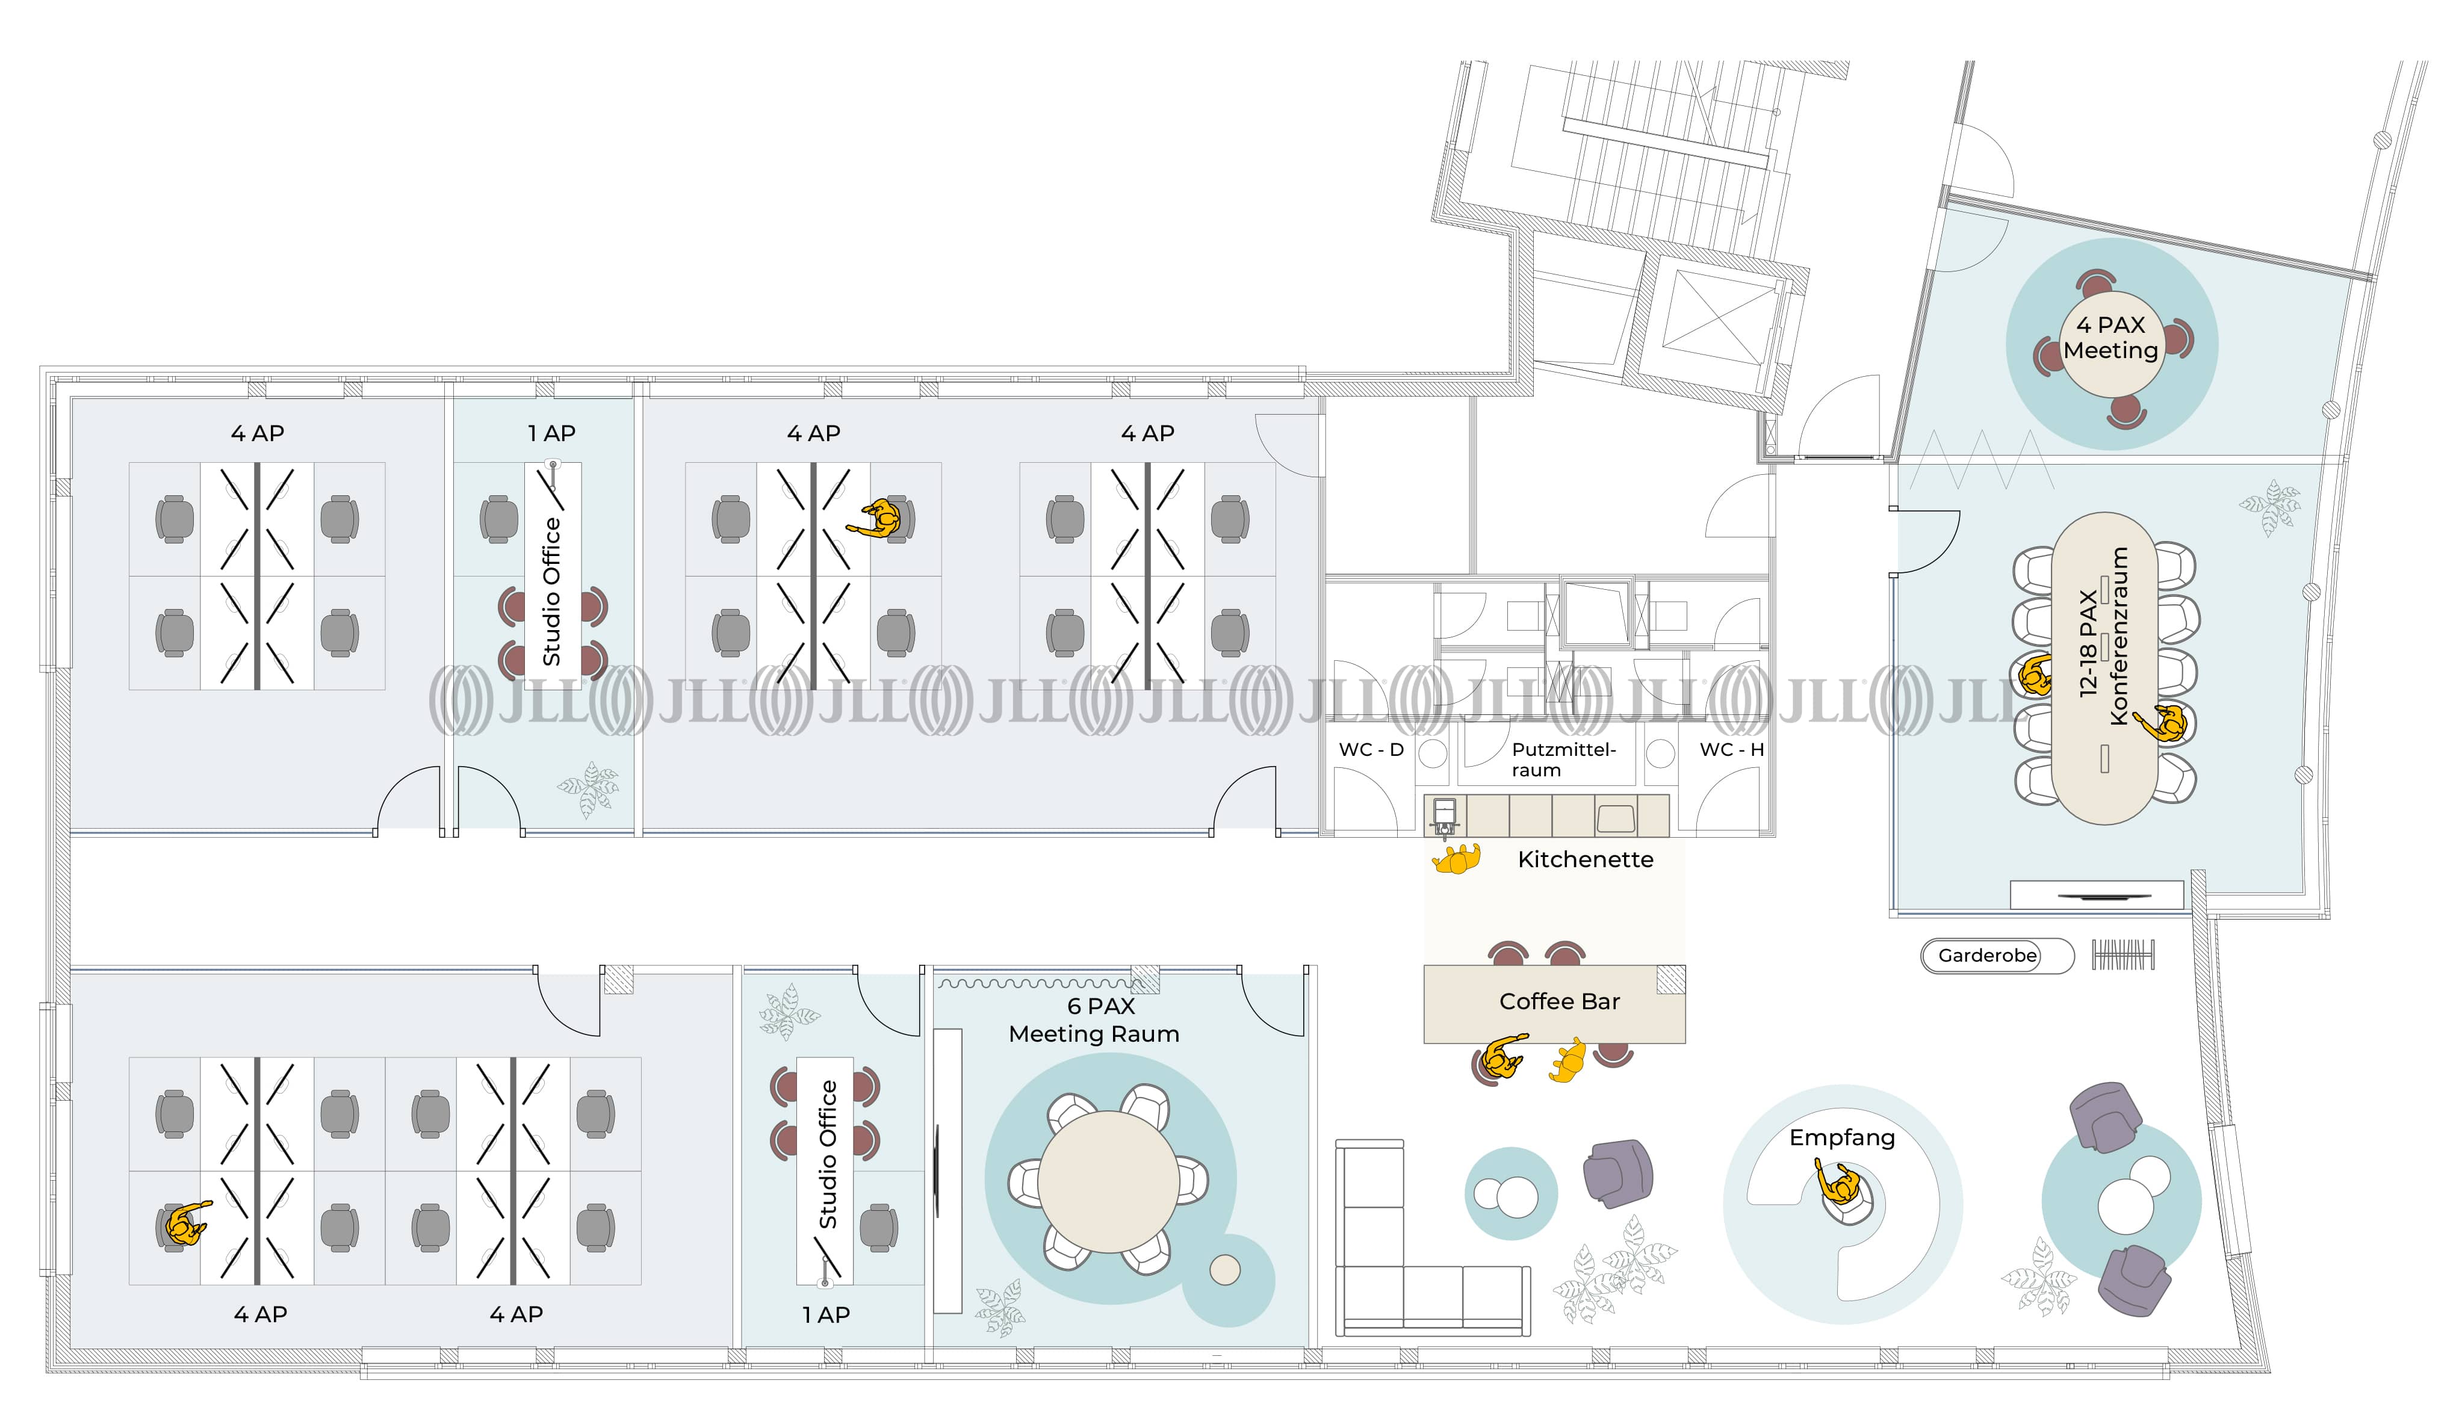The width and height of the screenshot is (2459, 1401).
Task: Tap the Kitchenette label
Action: click(1585, 859)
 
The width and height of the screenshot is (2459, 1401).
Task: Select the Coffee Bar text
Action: click(1559, 1001)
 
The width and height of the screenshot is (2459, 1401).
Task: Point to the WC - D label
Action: click(1371, 750)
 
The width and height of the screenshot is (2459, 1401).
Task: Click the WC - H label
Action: click(1731, 750)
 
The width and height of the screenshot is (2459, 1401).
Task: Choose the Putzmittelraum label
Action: click(1563, 759)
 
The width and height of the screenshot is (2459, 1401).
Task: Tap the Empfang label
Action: click(1841, 1137)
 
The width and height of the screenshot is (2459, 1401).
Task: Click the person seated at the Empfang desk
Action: click(1840, 1189)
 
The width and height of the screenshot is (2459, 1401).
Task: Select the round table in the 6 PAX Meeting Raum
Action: click(1109, 1181)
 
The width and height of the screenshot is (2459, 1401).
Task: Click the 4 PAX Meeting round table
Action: click(2110, 344)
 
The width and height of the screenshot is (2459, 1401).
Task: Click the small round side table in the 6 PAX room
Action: click(1224, 1270)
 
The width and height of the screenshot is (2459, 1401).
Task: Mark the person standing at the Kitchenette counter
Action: click(1455, 858)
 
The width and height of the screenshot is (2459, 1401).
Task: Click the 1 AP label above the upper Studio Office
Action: click(551, 434)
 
